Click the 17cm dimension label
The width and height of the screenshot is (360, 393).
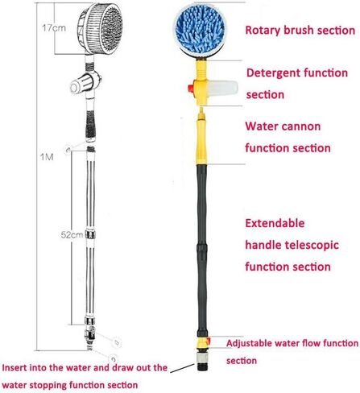point(54,27)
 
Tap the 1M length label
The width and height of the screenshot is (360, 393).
point(47,156)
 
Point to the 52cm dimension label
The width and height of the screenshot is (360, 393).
point(72,235)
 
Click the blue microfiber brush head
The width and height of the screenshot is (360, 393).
point(200,30)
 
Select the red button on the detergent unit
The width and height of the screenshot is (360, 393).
point(191,88)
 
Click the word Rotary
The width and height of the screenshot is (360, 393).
point(263,30)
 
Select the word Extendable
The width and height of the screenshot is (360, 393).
point(275,223)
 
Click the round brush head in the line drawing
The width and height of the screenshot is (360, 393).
point(100,29)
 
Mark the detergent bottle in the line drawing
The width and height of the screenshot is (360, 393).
point(81,84)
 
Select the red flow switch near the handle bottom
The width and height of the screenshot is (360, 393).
point(209,341)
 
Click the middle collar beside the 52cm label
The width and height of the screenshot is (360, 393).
point(90,234)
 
